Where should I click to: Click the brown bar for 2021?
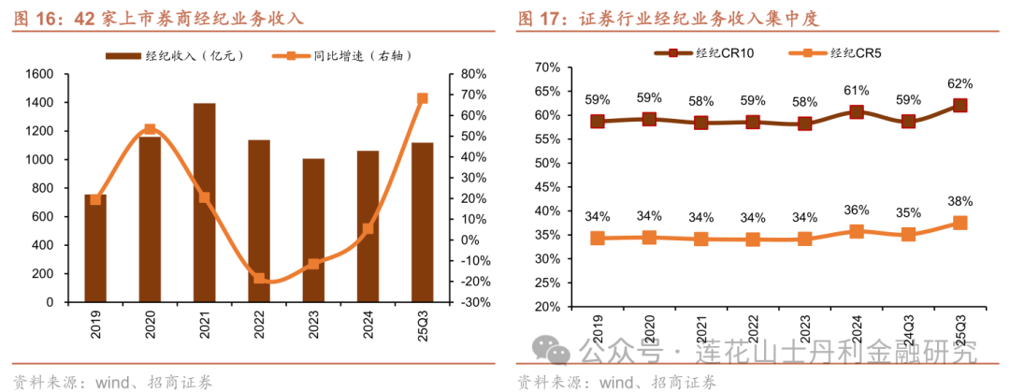(204, 203)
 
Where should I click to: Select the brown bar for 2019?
(95, 249)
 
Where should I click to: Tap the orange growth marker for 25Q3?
(422, 98)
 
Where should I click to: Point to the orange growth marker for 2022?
(259, 279)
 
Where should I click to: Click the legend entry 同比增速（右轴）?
(341, 56)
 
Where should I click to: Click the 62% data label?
(959, 83)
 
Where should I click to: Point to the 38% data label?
(959, 201)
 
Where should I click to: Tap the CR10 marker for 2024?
(857, 111)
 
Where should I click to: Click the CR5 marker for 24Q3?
(908, 235)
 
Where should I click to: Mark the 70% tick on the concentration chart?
(546, 67)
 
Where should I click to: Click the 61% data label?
(857, 91)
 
